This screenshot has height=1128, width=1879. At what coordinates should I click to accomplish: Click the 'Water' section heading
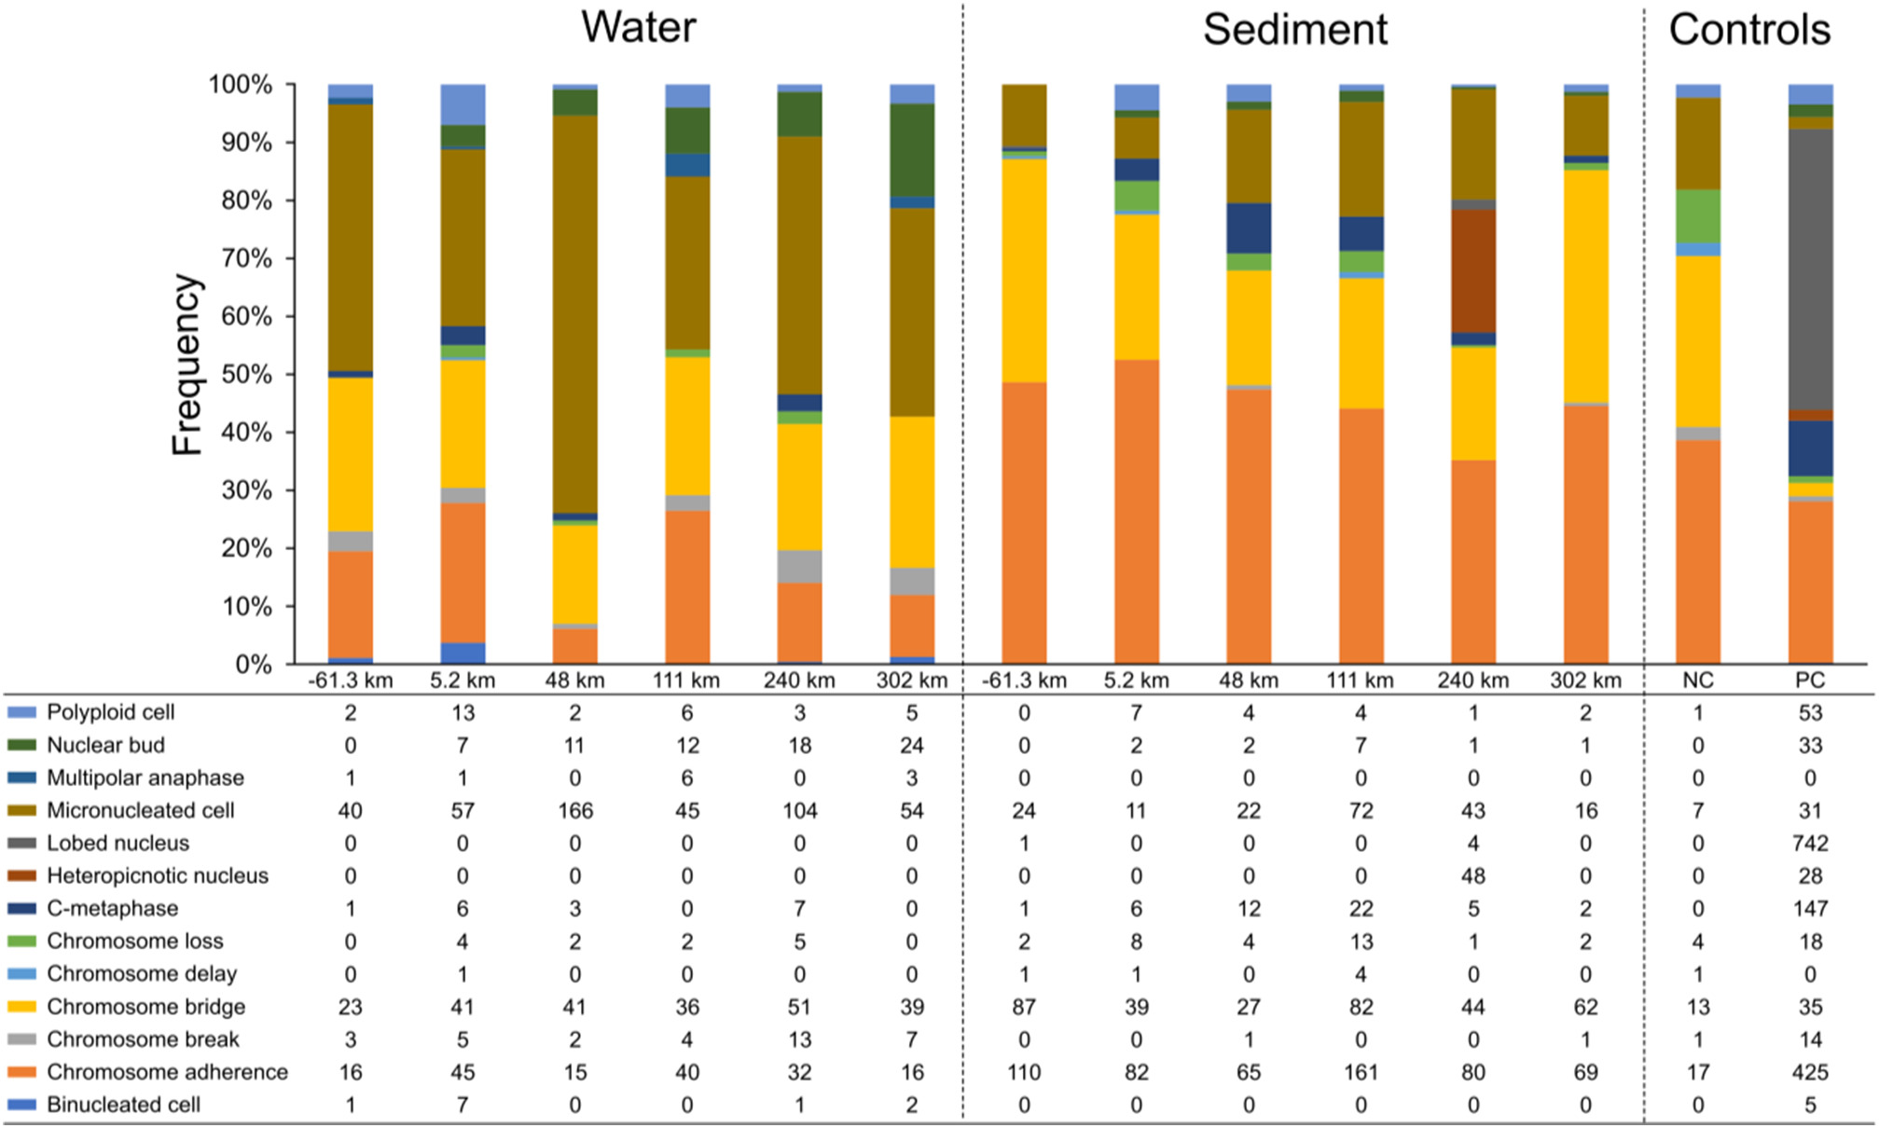pos(639,27)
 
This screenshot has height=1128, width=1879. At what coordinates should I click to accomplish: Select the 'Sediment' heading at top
pos(1294,29)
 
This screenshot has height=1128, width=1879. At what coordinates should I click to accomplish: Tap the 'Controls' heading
pos(1749,29)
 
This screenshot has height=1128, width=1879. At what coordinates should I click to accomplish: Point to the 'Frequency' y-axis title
pos(187,364)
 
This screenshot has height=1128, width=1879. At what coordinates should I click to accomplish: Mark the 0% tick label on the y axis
pos(254,665)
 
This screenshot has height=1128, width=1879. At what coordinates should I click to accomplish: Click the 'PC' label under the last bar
pos(1810,681)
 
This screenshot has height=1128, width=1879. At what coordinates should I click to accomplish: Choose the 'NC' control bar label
pos(1697,681)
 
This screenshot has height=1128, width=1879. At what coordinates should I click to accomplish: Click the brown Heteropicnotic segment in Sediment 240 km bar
pos(1473,270)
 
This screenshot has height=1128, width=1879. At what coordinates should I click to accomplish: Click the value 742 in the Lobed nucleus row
pos(1810,844)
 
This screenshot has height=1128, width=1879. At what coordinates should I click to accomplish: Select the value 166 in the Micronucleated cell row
pos(575,811)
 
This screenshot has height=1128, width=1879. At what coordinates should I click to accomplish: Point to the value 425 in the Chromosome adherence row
pos(1810,1072)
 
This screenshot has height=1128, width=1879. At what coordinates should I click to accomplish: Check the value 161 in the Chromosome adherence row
pos(1361,1072)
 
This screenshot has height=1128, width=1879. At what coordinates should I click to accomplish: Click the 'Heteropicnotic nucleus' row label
pos(158,876)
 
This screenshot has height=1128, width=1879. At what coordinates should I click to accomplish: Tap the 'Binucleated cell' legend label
pos(123,1105)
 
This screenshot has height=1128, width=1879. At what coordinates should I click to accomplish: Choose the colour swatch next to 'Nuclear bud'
pos(21,746)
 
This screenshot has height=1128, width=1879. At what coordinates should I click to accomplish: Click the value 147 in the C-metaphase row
pos(1810,909)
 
